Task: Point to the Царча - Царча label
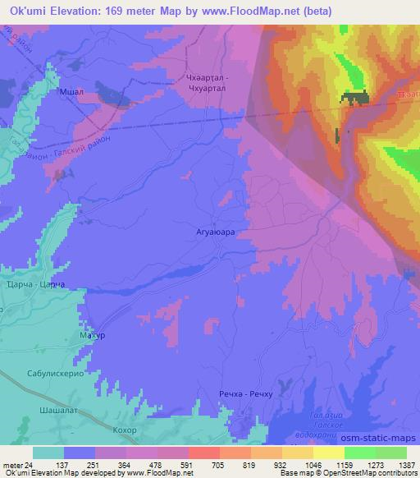tap(32, 284)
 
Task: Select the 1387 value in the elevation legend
tap(396, 464)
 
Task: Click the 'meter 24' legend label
tap(18, 464)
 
